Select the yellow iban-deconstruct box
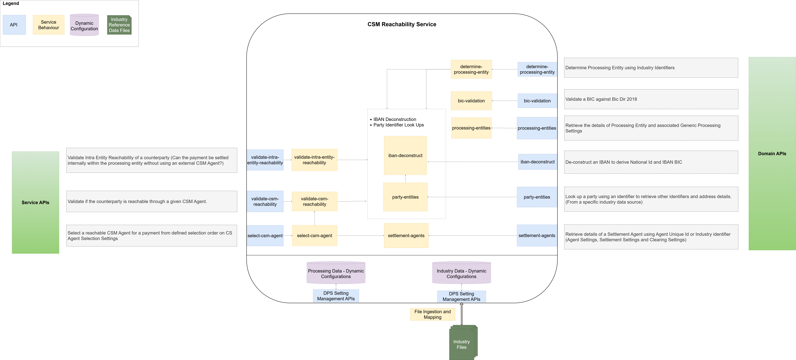[405, 155]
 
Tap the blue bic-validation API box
[537, 101]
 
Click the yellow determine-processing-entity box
[471, 69]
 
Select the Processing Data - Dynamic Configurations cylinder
[336, 273]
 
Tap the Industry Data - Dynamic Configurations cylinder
[461, 273]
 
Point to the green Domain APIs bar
[772, 154]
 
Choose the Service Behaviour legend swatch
[49, 25]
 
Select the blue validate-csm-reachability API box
[265, 201]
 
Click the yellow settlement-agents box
[406, 236]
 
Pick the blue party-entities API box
[537, 197]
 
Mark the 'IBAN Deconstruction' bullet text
[395, 119]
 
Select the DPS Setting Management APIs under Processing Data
[336, 296]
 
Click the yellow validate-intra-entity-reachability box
[314, 160]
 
